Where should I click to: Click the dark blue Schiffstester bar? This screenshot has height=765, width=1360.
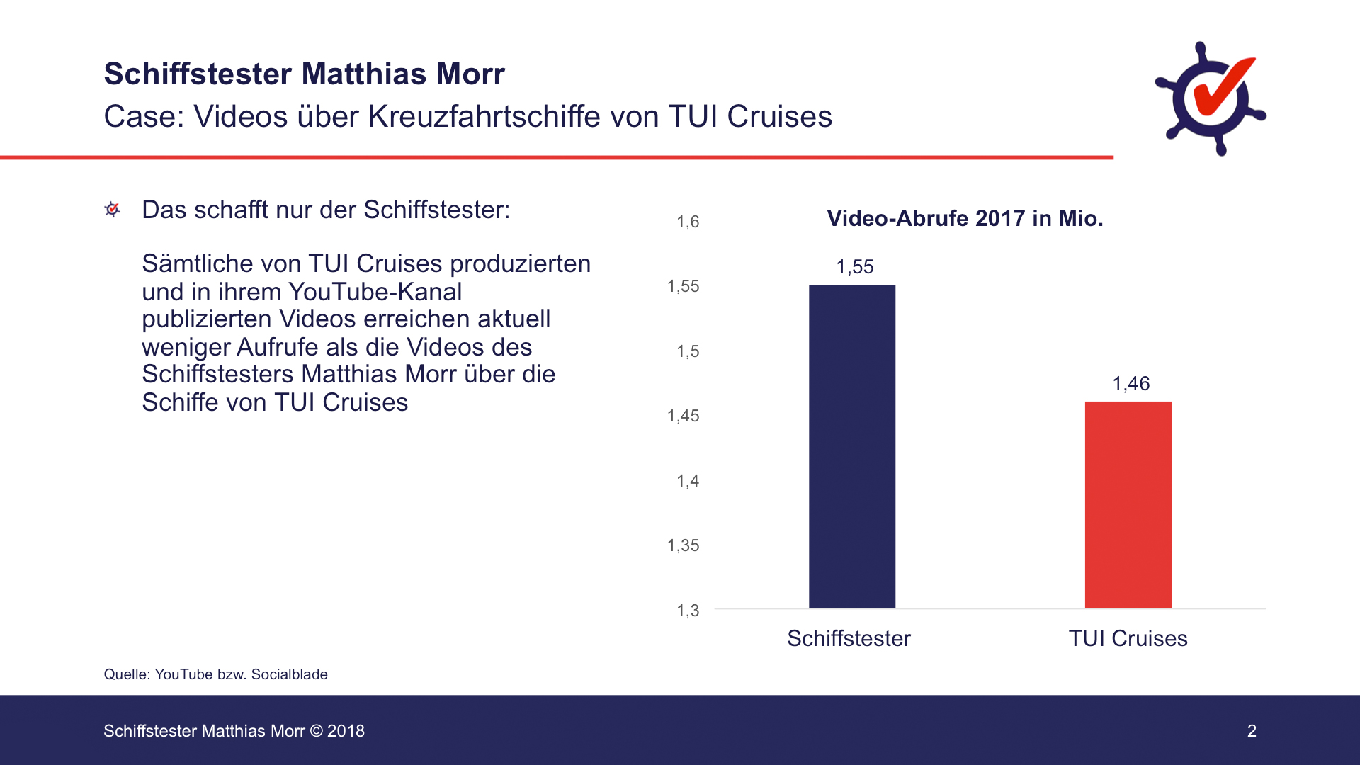[852, 446]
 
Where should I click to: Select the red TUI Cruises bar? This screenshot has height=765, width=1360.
[1128, 504]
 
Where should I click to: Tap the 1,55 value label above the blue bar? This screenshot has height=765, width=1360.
[855, 267]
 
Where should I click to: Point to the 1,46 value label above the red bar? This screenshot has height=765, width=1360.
[1131, 384]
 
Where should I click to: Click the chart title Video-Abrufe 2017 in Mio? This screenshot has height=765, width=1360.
[965, 218]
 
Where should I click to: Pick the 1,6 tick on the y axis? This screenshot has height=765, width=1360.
[688, 222]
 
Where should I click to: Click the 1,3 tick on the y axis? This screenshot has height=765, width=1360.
[688, 611]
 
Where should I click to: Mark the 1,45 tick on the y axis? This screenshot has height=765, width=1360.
[684, 416]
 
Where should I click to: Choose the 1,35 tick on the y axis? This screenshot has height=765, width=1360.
[684, 545]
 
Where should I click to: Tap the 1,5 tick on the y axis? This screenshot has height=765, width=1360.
[688, 351]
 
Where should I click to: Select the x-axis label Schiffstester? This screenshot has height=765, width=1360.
[849, 638]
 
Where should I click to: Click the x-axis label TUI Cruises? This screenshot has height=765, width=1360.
[1128, 638]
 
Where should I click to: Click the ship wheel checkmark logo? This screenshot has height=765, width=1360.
[1211, 98]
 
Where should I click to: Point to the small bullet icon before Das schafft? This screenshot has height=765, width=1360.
[112, 210]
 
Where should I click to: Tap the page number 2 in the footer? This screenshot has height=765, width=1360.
[1252, 731]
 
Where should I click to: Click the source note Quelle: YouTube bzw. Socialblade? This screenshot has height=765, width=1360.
[215, 674]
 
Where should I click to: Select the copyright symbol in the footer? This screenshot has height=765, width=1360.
[316, 731]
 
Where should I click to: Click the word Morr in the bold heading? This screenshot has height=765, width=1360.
[470, 74]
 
